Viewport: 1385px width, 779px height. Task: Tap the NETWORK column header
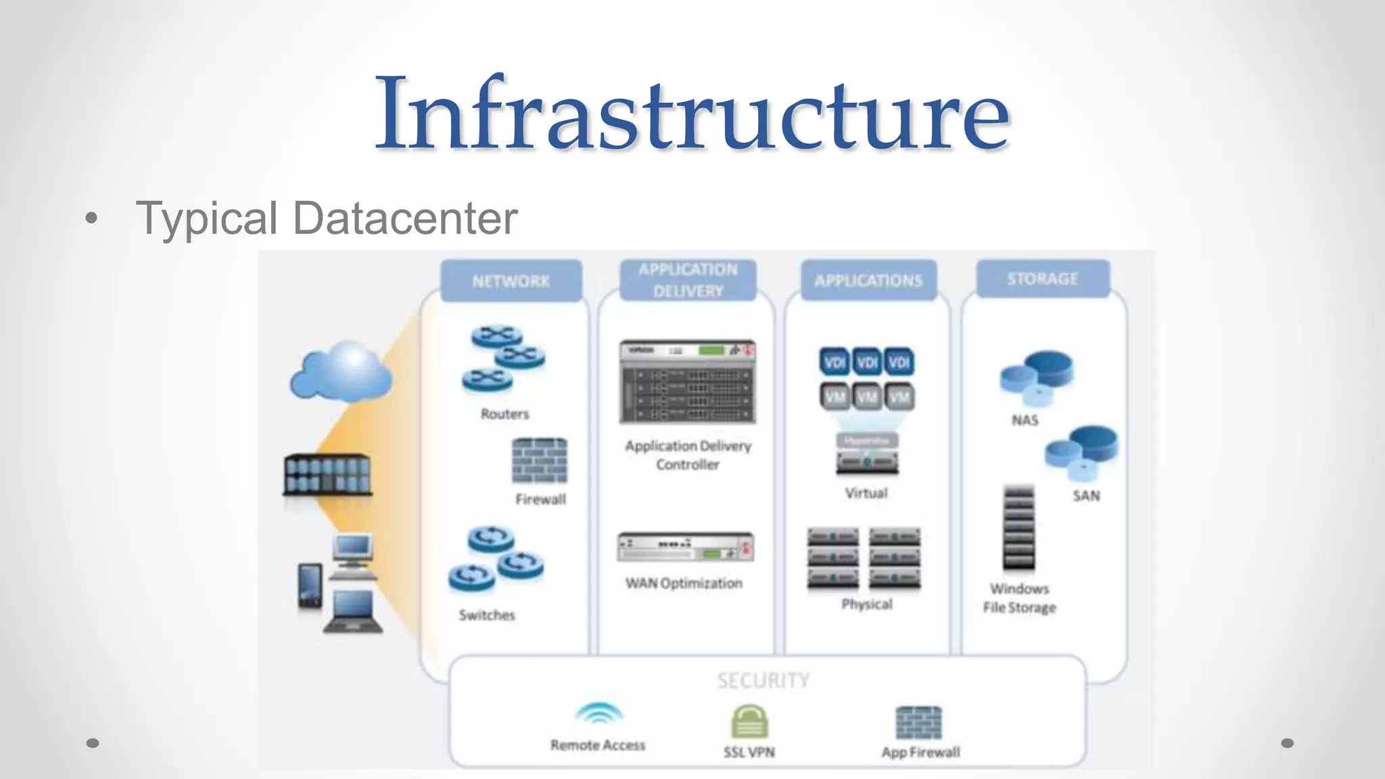coord(511,281)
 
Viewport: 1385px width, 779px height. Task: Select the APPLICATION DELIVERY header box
coord(688,280)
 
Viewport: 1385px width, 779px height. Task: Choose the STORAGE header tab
coord(1042,279)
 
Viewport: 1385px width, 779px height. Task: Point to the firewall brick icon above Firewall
coord(540,461)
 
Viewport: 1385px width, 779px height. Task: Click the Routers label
coord(504,414)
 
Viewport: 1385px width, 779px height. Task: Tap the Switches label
coord(487,615)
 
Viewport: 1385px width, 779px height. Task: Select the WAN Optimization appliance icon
coord(685,547)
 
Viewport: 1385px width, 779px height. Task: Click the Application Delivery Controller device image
coord(687,382)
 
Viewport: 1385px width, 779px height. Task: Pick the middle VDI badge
coord(867,362)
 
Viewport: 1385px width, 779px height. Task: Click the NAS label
coord(1025,420)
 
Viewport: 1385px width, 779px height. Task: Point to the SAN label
coord(1086,496)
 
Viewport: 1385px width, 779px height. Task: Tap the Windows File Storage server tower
coord(1018,528)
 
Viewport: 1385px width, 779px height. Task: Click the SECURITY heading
coord(764,680)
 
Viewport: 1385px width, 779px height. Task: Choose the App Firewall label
coord(920,752)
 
